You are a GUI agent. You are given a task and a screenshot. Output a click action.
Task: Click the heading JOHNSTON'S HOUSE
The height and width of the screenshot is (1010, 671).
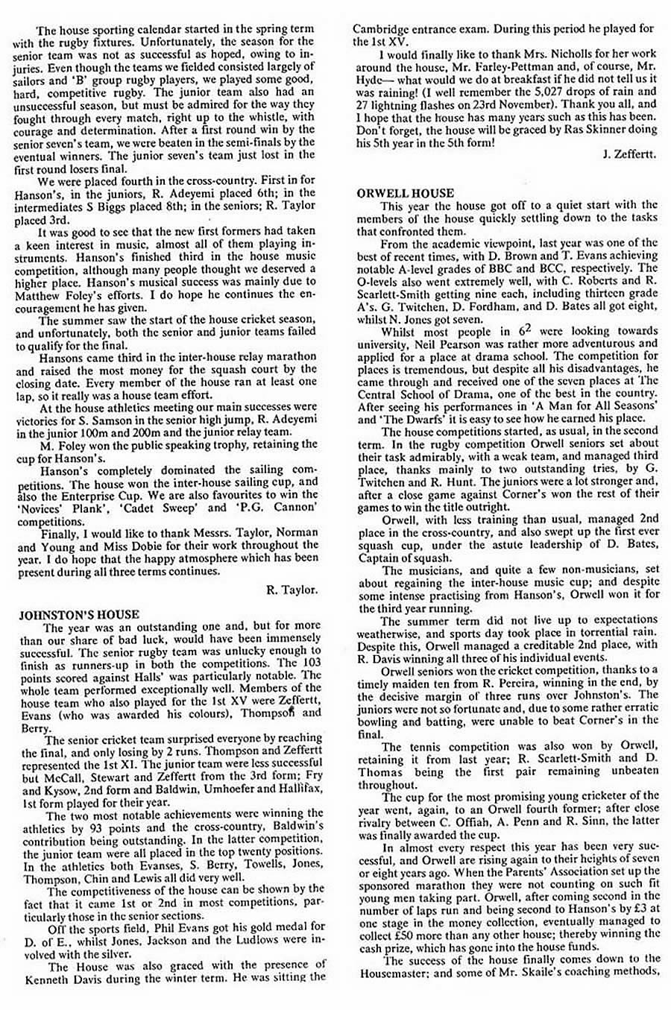(x=78, y=614)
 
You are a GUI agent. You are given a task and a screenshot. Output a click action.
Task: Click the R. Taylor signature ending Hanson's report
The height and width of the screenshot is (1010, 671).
(x=291, y=590)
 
